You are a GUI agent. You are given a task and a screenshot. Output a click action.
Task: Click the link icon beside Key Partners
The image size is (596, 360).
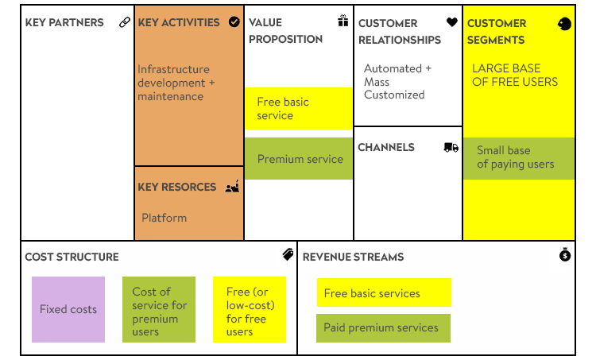tap(125, 22)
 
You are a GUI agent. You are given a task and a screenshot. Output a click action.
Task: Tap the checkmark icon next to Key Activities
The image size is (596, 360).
tap(234, 22)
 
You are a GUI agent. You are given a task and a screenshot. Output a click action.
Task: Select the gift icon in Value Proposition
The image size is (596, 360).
tap(343, 21)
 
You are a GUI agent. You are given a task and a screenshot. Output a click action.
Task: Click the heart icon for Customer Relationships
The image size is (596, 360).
tap(452, 22)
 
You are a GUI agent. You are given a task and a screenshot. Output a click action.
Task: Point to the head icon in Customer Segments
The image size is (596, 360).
tap(564, 24)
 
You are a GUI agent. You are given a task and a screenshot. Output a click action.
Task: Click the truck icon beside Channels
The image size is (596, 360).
tap(451, 148)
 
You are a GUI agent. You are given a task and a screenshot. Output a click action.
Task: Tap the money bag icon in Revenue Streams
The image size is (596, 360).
tap(565, 254)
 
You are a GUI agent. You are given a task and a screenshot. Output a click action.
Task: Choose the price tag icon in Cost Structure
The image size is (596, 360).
tap(288, 254)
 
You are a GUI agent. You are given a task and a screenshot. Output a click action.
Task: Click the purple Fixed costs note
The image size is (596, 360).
tap(68, 309)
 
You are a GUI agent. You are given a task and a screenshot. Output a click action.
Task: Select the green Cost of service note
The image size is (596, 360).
tap(159, 309)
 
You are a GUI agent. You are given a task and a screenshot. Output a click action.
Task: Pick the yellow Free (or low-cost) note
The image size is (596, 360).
tap(250, 309)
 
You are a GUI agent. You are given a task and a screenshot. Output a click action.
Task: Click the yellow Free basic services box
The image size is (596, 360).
tap(384, 292)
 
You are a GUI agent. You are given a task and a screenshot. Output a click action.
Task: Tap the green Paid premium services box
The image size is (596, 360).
tap(383, 328)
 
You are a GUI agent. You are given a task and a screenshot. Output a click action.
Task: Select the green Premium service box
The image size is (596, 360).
tap(299, 158)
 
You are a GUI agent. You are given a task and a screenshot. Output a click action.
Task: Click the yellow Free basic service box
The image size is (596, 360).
tap(299, 109)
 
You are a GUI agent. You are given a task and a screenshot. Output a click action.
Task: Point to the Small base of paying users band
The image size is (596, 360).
tap(518, 158)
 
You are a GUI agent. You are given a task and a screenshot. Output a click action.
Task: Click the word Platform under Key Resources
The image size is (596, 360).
tap(164, 218)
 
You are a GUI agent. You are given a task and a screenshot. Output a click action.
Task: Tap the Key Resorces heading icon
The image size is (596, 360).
tap(232, 186)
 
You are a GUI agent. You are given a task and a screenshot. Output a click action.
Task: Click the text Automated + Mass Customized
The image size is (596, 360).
tap(397, 81)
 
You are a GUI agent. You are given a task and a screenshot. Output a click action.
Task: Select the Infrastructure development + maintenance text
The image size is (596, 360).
tap(176, 83)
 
